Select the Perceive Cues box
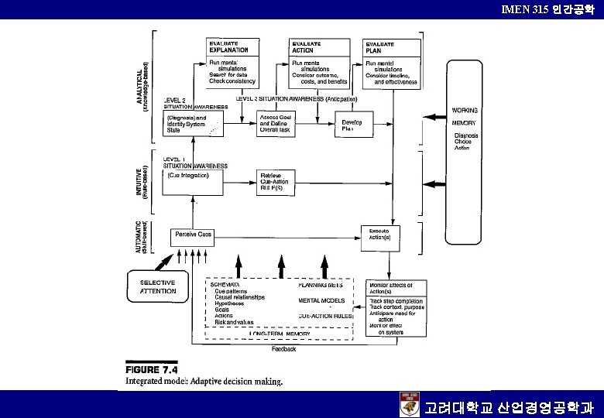(194, 235)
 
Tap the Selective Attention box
(158, 287)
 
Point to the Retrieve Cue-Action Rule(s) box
(280, 182)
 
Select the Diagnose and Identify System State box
(192, 124)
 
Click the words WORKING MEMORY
(465, 117)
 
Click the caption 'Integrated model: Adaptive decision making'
(204, 381)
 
